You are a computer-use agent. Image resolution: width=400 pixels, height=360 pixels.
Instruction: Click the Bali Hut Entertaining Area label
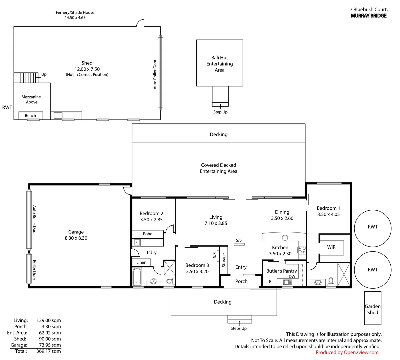point(220,64)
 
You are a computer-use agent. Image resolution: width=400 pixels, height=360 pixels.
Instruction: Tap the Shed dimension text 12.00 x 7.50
point(87,69)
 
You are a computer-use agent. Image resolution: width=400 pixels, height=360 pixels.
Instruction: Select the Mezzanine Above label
point(31,99)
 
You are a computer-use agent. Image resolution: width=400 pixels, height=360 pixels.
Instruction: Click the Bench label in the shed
point(30,116)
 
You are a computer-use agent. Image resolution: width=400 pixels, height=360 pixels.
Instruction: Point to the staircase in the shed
point(26,78)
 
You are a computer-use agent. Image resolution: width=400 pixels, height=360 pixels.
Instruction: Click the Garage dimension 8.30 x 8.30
point(76,238)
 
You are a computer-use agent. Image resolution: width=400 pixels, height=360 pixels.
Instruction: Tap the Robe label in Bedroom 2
point(148,234)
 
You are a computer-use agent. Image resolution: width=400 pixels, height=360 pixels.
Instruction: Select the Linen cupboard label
point(141,262)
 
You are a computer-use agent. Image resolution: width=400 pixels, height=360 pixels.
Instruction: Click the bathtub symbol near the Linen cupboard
point(137,277)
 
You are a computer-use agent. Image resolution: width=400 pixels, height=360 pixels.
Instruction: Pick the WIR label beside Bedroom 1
point(331,247)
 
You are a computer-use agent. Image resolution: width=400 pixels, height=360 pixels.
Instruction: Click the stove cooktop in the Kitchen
point(302,250)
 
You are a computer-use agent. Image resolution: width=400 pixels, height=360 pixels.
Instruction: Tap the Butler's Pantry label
point(282,271)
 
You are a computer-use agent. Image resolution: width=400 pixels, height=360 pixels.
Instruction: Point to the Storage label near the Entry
point(224,260)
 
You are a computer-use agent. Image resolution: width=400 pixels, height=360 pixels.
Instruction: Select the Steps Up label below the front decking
point(238,328)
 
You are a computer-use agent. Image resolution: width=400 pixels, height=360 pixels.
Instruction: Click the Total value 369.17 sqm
point(48,351)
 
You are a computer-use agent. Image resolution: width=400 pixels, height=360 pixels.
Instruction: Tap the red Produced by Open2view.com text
point(347,352)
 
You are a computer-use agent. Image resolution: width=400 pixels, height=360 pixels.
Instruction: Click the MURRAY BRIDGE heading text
point(369,16)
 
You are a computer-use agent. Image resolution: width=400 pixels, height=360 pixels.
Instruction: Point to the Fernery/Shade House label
point(75,12)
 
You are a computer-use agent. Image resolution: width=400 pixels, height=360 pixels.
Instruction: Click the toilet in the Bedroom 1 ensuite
point(331,282)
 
